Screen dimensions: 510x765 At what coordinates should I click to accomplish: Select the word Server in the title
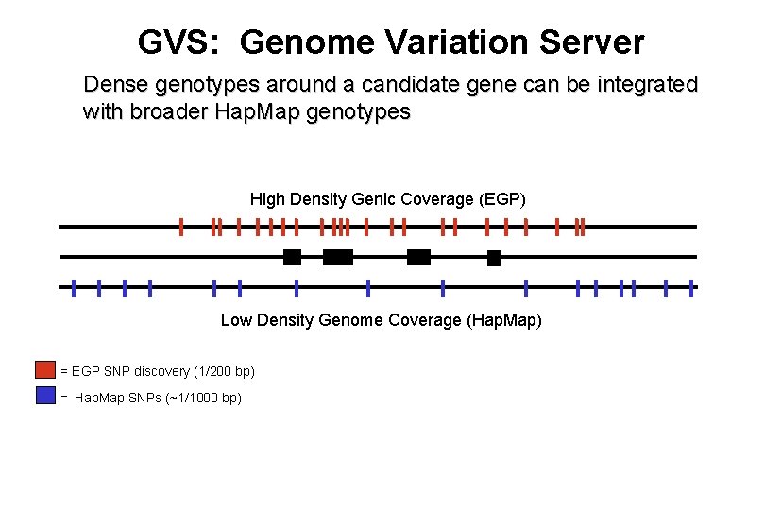point(588,42)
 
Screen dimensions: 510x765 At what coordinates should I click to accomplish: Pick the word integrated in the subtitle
point(645,85)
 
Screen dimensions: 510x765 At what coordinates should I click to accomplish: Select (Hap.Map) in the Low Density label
point(504,320)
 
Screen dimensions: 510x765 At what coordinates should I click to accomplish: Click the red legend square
point(46,369)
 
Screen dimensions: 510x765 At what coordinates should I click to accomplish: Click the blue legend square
point(46,396)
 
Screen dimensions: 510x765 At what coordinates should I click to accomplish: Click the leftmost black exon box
point(292,257)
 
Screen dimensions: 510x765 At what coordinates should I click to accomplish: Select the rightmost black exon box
point(493,257)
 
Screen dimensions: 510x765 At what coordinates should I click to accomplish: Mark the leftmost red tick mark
point(181,227)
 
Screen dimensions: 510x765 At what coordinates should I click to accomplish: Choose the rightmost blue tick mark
point(691,287)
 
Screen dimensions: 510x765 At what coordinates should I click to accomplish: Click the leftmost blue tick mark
point(74,287)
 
